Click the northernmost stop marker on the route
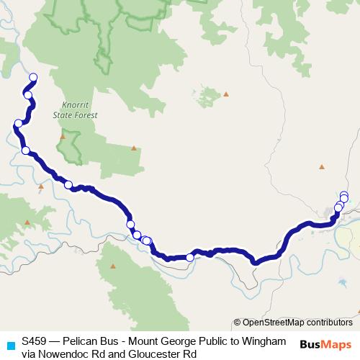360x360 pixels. (32, 77)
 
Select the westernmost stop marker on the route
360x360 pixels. (18, 123)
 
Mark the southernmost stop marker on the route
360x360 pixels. (190, 257)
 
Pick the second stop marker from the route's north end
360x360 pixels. (28, 94)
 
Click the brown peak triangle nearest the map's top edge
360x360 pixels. (226, 94)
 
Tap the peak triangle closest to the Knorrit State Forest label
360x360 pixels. (63, 135)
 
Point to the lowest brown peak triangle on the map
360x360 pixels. (112, 266)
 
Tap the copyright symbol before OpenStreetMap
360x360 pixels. (237, 323)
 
